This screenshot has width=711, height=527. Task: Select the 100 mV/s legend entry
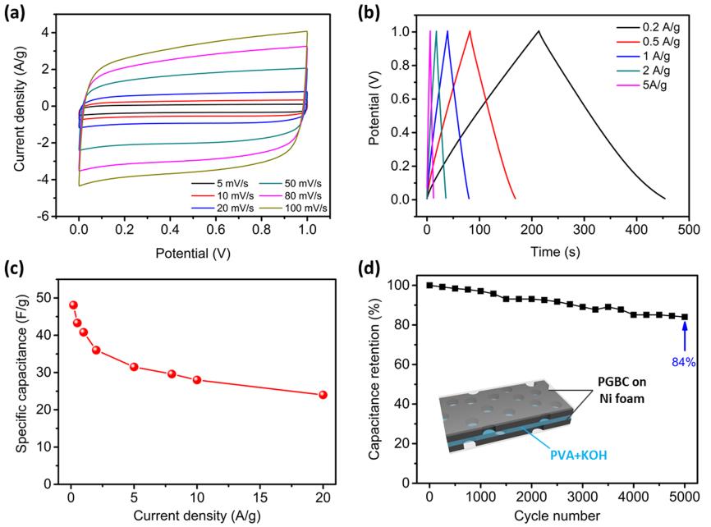coord(298,208)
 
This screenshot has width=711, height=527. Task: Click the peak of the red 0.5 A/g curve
coord(470,31)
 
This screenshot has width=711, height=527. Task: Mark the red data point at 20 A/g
coord(323,394)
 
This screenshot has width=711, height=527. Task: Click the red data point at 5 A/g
coord(134,366)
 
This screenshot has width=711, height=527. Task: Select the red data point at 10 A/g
coord(197,379)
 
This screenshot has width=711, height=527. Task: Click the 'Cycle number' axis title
coord(558,516)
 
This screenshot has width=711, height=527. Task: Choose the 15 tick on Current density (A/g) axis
coord(259,497)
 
